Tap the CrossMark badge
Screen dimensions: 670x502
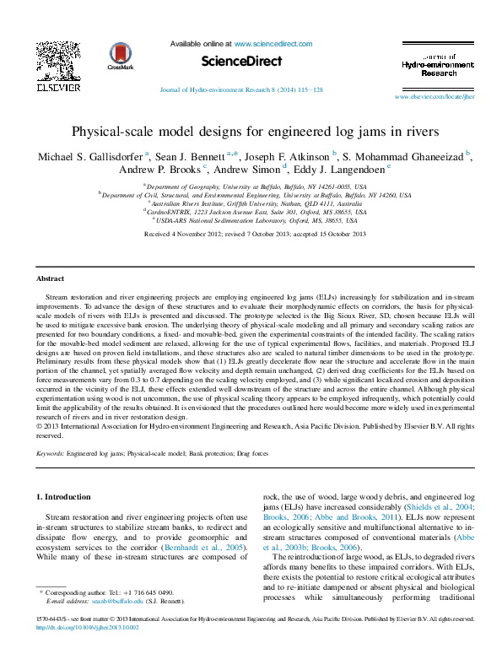click(x=121, y=57)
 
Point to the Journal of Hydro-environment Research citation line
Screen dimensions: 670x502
click(x=241, y=89)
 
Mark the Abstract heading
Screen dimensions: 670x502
click(x=51, y=278)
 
